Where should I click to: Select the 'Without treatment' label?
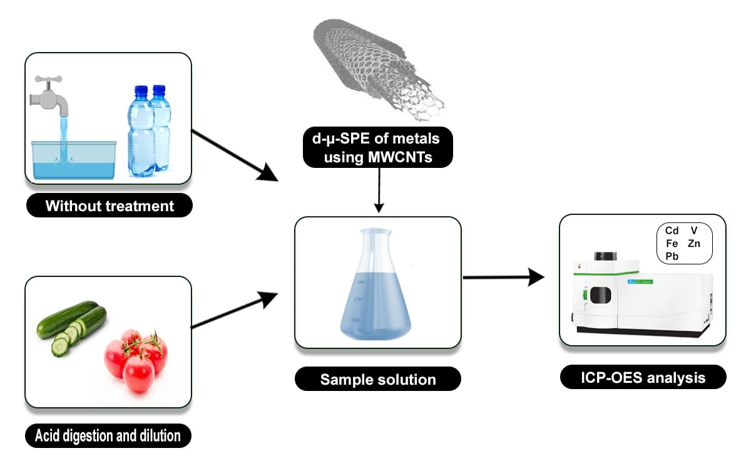click(110, 206)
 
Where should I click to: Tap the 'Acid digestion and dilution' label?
click(108, 434)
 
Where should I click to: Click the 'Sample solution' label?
click(377, 379)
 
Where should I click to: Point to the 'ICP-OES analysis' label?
click(643, 378)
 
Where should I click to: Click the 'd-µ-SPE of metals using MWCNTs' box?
click(377, 148)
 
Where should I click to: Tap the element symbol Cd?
click(672, 231)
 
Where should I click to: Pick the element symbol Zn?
click(694, 243)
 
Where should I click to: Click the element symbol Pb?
click(672, 256)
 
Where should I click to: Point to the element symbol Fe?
click(672, 243)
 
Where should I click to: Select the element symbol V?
click(694, 231)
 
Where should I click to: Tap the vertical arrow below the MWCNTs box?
click(377, 191)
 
